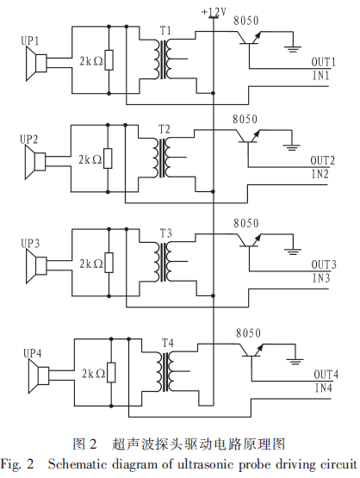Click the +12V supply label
pos(214,12)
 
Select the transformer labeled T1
pos(163,59)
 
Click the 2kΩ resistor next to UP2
pos(108,158)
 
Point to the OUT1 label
pos(323,62)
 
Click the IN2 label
pos(320,174)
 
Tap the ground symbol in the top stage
pos(293,49)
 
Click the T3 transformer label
pos(166,233)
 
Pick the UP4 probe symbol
pos(39,376)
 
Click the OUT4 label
pos(326,375)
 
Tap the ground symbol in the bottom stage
pos(295,362)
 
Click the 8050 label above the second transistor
pos(245,119)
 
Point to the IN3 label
pos(321,278)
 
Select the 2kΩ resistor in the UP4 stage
pos(111,372)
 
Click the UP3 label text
pos(30,244)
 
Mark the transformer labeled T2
pos(162,158)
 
